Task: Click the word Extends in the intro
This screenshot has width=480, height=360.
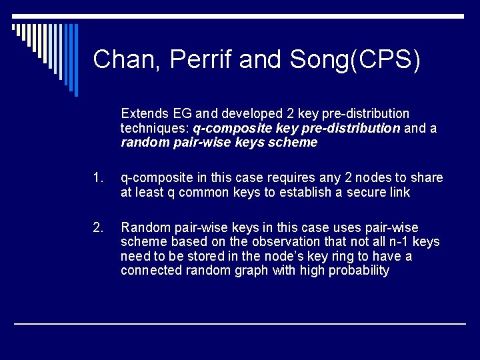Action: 144,113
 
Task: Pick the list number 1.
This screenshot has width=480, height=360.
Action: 99,177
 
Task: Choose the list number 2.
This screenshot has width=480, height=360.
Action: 99,227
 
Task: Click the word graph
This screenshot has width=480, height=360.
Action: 251,271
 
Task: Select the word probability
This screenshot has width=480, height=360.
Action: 358,271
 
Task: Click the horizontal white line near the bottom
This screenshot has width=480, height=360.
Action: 240,324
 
